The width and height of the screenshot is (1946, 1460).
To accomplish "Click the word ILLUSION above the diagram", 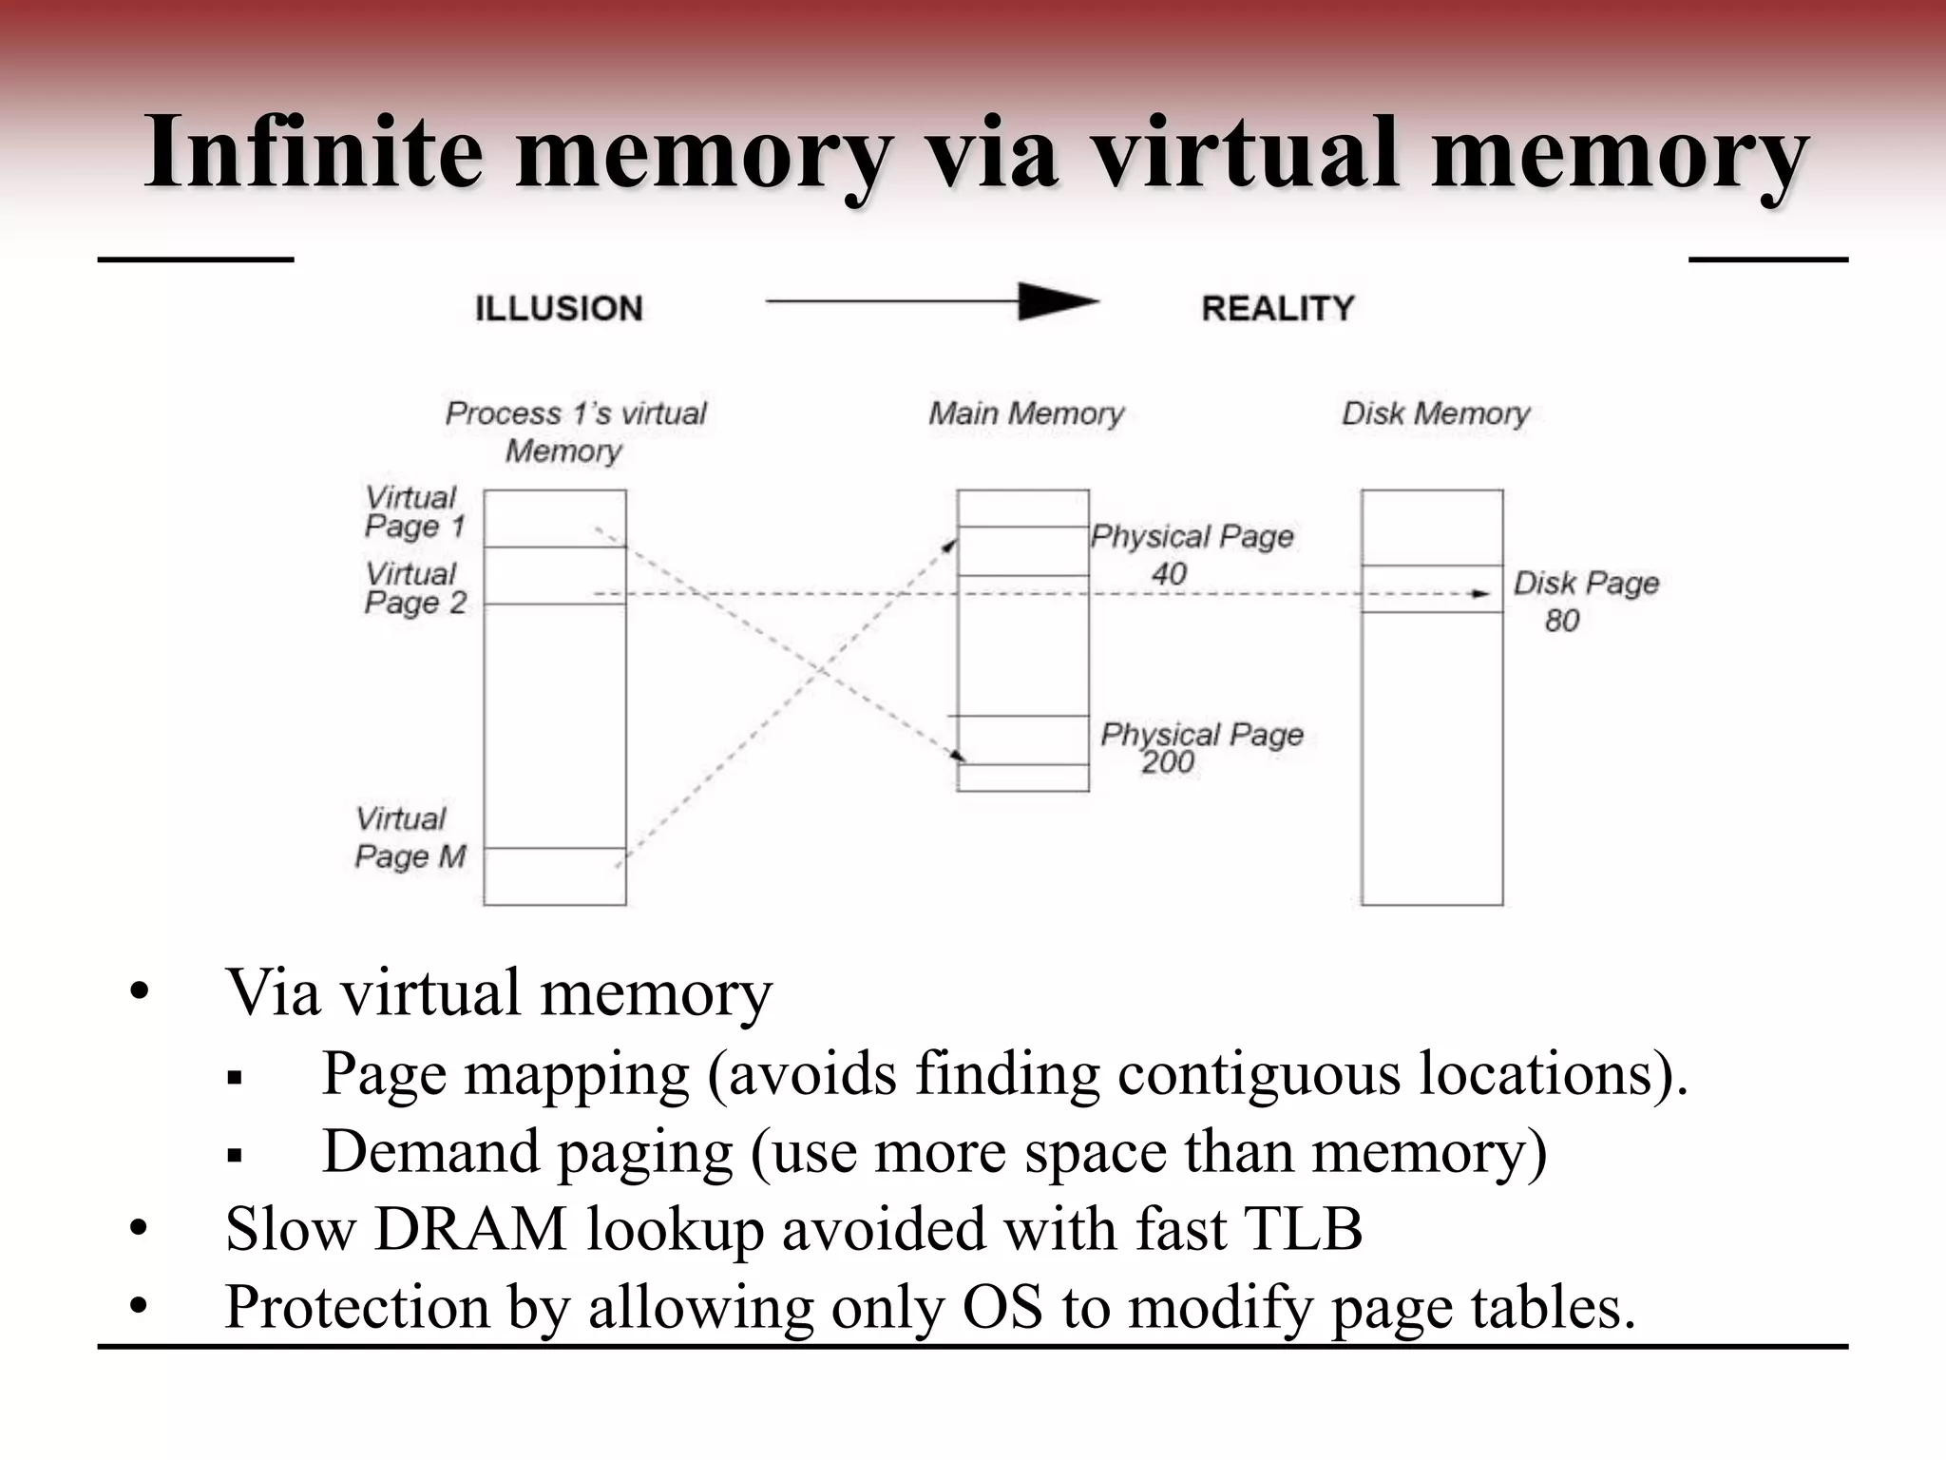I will [559, 309].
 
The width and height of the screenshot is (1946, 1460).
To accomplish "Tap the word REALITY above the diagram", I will [1278, 309].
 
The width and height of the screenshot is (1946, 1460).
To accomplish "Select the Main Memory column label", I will [1026, 413].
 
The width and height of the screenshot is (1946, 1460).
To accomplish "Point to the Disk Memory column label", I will [1436, 413].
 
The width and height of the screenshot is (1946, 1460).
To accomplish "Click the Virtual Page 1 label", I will [415, 512].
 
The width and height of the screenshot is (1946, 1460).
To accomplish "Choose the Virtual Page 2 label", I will [415, 588].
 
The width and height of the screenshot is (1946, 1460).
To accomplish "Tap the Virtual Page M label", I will [410, 837].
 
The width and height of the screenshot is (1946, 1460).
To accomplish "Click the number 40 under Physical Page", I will [1169, 574].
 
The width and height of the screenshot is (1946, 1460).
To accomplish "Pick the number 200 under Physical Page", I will [1168, 762].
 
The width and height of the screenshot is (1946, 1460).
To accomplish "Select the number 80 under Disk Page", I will [1561, 621].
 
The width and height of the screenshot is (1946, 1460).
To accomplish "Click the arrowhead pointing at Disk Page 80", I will [1480, 594].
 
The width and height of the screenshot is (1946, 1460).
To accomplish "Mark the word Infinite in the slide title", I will [314, 152].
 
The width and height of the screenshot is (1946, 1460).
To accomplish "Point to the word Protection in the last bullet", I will [357, 1307].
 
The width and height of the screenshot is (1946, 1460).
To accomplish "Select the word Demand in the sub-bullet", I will [431, 1151].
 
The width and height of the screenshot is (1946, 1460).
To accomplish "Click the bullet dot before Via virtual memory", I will [140, 993].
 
